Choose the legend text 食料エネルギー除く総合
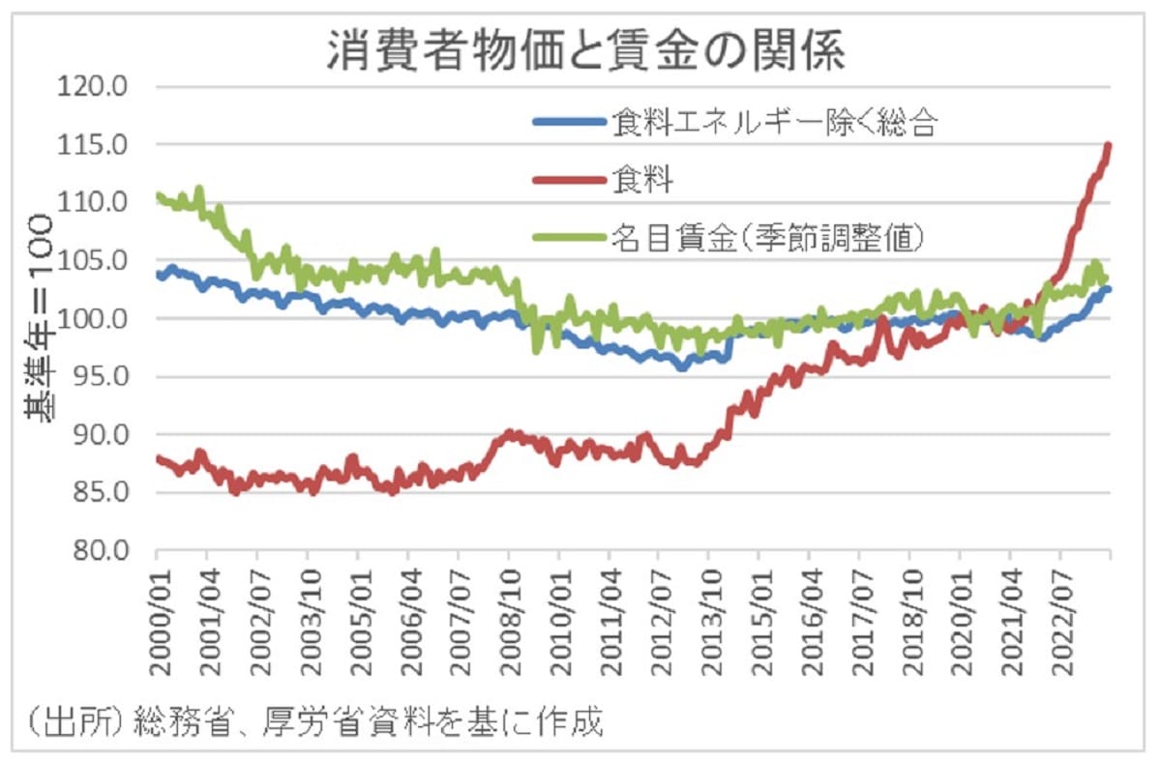pos(773,123)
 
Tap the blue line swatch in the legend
pos(569,123)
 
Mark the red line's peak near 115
pos(1109,146)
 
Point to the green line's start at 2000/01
pos(158,196)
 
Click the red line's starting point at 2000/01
pos(158,458)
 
